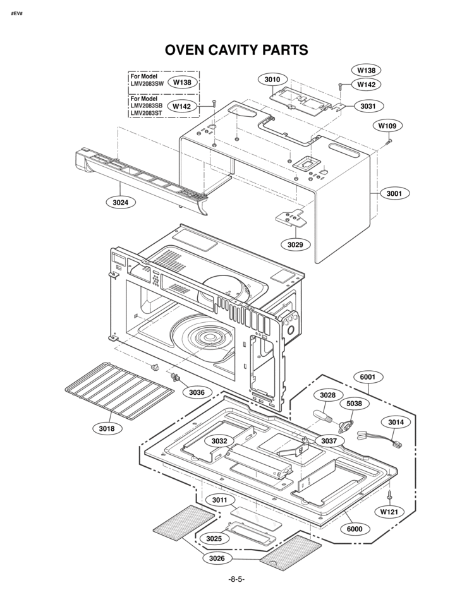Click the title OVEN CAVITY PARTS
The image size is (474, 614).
(236, 50)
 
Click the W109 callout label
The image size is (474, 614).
(387, 126)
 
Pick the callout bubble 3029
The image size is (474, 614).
(295, 244)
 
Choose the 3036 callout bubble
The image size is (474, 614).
(197, 392)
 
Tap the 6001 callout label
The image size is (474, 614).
(368, 377)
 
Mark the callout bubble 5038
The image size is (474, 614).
(355, 403)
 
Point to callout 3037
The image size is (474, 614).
(329, 440)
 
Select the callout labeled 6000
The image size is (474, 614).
(355, 528)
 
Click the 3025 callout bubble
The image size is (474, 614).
(214, 538)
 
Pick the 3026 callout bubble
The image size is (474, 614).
(219, 558)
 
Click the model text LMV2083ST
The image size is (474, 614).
(147, 113)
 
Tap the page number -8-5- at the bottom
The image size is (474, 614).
(236, 580)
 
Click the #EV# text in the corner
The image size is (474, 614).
(17, 13)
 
